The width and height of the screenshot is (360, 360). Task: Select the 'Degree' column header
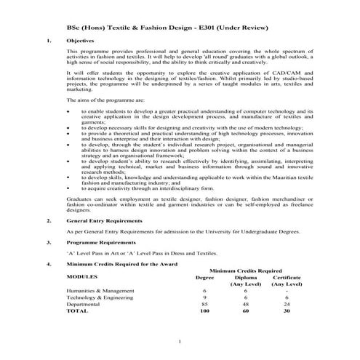pyautogui.click(x=205, y=277)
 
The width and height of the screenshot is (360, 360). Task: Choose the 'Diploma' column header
pyautogui.click(x=246, y=277)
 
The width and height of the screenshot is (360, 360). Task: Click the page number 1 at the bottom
pyautogui.click(x=179, y=342)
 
